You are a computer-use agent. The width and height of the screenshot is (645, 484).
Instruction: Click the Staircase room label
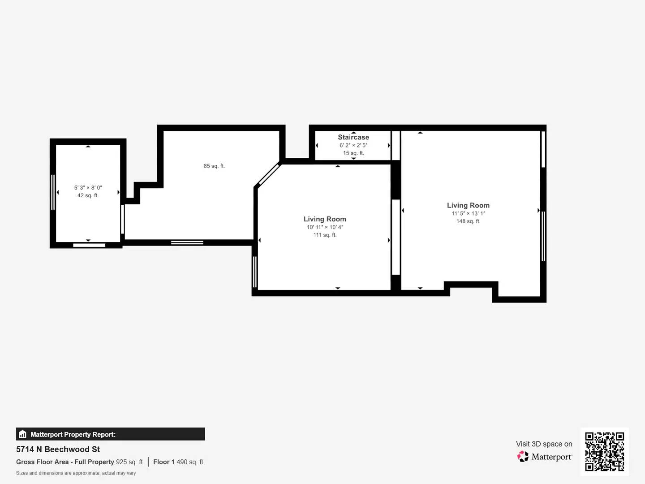tap(353, 137)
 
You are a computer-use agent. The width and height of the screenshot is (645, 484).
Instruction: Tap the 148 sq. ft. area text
tap(468, 221)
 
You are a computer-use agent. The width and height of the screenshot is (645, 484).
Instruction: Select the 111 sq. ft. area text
tap(325, 235)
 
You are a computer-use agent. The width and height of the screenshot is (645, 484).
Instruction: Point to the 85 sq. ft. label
tap(214, 166)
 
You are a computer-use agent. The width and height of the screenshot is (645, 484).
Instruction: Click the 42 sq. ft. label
tap(88, 195)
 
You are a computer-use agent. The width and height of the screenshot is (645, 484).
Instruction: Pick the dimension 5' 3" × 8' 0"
tap(88, 188)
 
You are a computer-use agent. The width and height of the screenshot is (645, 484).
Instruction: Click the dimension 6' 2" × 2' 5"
tap(353, 145)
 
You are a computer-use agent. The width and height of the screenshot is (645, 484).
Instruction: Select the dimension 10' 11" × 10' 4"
tap(325, 227)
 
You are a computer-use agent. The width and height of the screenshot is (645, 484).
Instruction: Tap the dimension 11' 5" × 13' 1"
tap(468, 213)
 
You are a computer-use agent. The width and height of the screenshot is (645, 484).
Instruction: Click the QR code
tap(604, 452)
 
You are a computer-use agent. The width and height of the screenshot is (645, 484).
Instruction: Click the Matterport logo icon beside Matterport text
tap(523, 457)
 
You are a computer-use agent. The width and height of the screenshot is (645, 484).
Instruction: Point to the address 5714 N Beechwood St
tap(58, 449)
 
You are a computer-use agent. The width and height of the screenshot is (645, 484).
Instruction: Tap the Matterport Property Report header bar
tap(110, 434)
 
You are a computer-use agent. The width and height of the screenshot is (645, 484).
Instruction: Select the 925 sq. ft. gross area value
tap(130, 462)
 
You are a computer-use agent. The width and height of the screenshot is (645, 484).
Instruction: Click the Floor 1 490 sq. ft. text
tap(179, 462)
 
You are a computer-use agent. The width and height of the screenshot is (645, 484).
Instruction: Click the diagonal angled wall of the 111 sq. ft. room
tap(268, 175)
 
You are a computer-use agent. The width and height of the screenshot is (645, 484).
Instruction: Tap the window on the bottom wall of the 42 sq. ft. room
tap(89, 245)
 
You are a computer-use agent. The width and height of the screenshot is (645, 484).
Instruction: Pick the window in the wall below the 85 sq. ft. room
tap(187, 242)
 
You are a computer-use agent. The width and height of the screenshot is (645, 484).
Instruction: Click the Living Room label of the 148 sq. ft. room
tap(468, 205)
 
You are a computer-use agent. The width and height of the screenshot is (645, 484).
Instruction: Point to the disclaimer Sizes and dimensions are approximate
tap(76, 473)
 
